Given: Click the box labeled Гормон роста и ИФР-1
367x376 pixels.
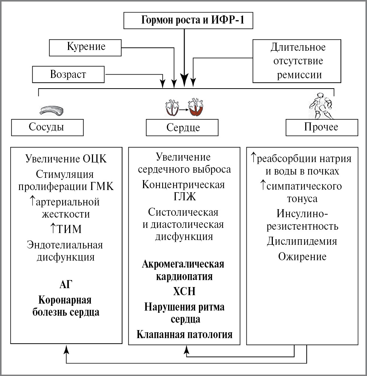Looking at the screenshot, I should [x=189, y=21].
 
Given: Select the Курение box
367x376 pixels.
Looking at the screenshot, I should [x=86, y=47].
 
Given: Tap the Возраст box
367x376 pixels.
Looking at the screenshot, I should [x=68, y=75].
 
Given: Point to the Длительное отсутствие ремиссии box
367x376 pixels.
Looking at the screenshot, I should [x=298, y=61].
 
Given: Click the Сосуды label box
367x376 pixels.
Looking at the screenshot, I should [x=47, y=127].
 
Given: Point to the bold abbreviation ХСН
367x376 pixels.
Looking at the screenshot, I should [x=184, y=291].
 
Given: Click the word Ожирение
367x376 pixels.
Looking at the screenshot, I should [x=302, y=256].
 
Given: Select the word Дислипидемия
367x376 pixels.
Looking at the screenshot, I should [x=302, y=241].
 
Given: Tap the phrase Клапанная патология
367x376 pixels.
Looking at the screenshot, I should [x=184, y=334].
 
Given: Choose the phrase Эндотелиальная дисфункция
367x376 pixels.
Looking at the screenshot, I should [x=65, y=251].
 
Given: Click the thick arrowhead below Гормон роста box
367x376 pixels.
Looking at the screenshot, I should [x=184, y=79].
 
